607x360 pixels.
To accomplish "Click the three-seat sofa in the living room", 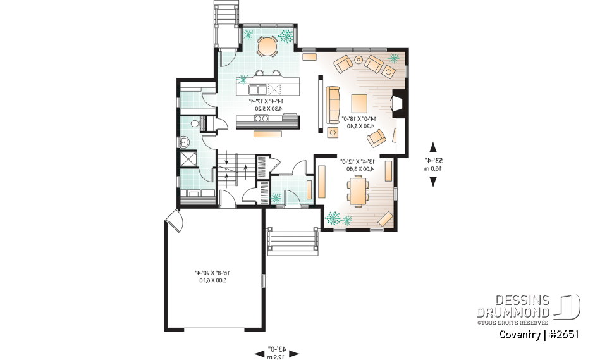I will pyautogui.click(x=333, y=104).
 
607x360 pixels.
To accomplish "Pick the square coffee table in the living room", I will pyautogui.click(x=359, y=102).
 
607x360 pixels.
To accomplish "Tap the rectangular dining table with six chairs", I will pyautogui.click(x=359, y=190).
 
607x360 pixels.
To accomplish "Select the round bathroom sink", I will pyautogui.click(x=185, y=141).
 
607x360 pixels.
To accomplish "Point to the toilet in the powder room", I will pyautogui.click(x=195, y=123).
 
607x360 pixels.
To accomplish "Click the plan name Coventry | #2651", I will pyautogui.click(x=539, y=335).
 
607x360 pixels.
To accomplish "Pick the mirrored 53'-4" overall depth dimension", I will pyautogui.click(x=433, y=164).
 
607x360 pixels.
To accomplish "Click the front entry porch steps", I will pyautogui.click(x=292, y=242).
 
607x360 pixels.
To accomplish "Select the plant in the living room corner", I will pyautogui.click(x=394, y=58).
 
